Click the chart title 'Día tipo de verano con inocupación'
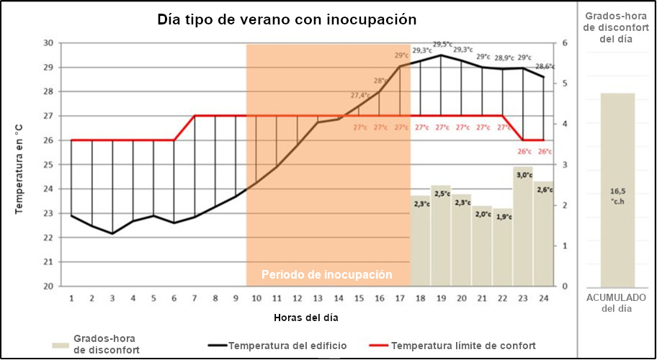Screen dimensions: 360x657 (x=287, y=19)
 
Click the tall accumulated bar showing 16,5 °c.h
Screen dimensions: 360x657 (x=618, y=189)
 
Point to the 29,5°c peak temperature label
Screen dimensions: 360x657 (x=442, y=45)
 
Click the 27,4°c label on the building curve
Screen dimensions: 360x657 (x=359, y=95)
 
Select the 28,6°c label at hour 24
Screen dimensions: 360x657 (x=544, y=66)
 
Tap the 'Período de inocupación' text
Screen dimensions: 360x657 (x=326, y=274)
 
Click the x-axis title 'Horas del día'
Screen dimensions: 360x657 (x=306, y=317)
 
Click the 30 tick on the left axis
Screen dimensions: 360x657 (x=49, y=43)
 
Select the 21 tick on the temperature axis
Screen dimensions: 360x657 (x=49, y=262)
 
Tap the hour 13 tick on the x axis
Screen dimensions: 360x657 (x=318, y=297)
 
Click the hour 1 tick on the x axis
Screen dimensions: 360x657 (x=71, y=297)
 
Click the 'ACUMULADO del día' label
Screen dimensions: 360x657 (x=617, y=302)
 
